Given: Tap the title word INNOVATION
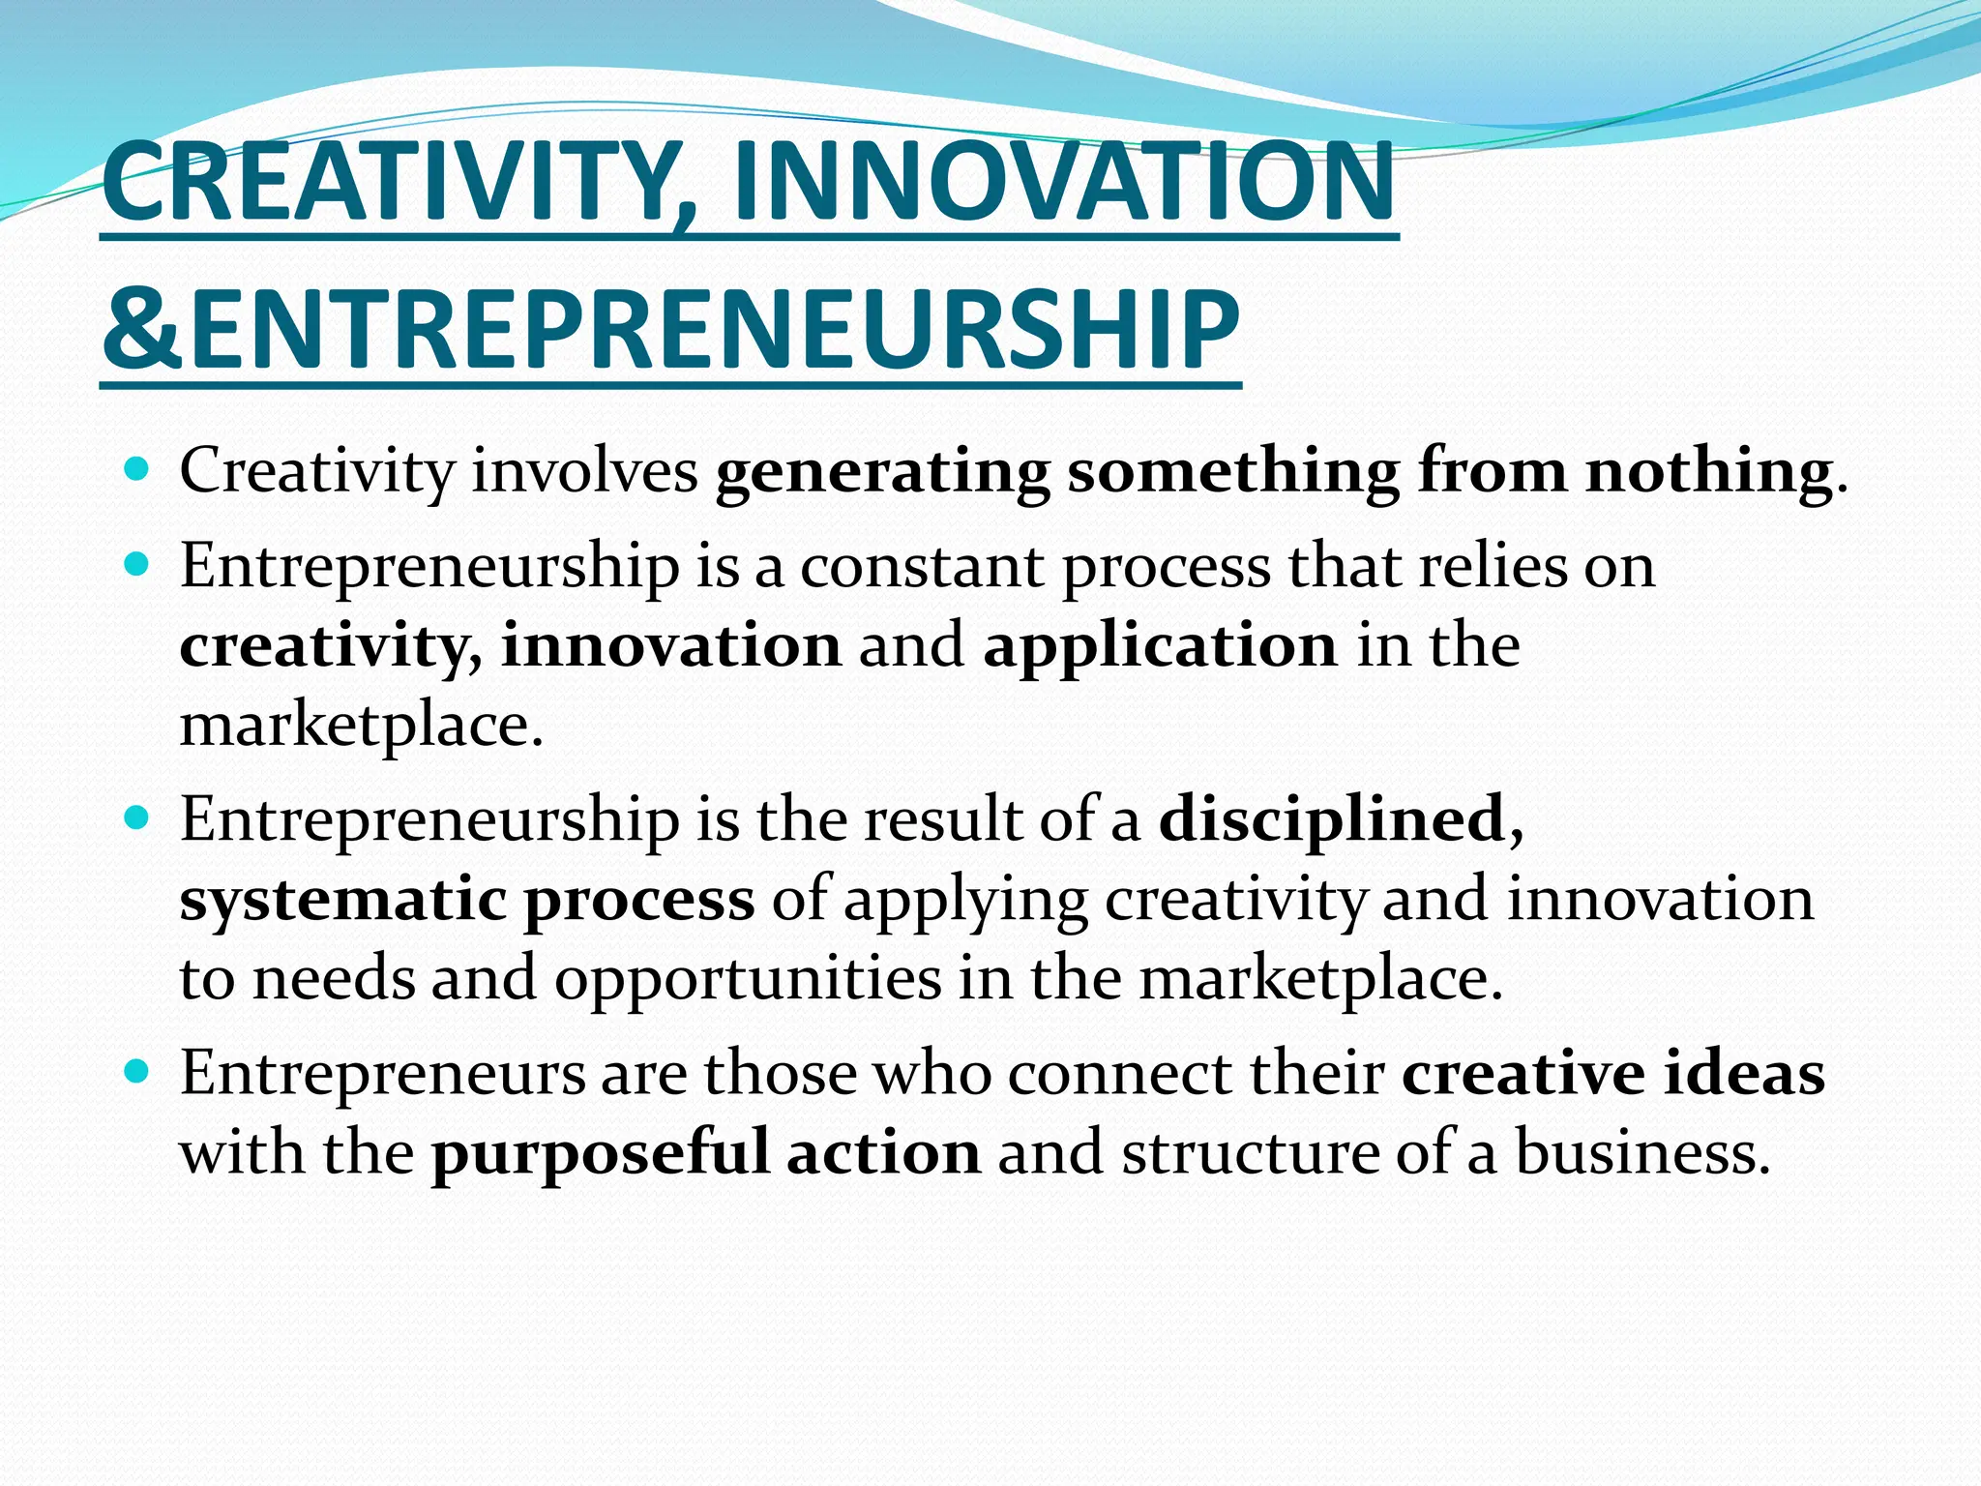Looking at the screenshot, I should coord(1064,182).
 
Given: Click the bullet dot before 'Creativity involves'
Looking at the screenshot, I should coord(137,471).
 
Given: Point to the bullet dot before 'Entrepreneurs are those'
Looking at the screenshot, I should coord(137,1072).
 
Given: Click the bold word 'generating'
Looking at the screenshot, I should coord(882,473).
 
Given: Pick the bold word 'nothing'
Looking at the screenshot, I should coord(1708,473).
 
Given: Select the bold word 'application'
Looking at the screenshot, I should coord(1160,647).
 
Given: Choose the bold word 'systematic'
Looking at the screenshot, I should coord(343,901).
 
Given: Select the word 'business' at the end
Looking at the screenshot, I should coord(1636,1153).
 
